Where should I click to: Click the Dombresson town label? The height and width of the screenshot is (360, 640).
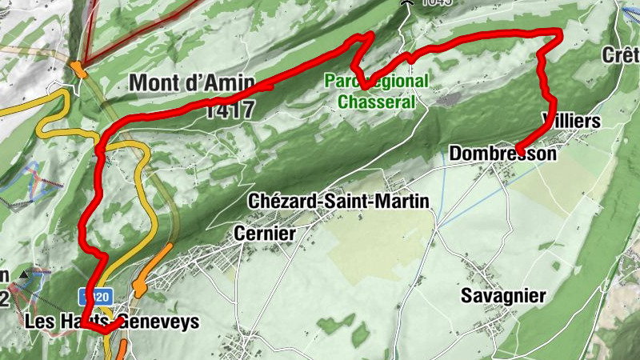pos(502,153)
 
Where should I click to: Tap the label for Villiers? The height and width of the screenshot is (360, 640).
pos(570,120)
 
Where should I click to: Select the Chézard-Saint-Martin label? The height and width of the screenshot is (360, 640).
pos(339,201)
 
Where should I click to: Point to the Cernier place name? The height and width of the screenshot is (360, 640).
pos(265,233)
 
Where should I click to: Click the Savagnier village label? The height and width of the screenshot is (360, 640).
pos(503,296)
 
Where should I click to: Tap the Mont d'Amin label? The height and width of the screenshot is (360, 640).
pos(191,82)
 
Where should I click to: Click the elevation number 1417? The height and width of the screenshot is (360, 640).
pos(229,110)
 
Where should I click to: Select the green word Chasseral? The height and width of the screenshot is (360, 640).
pos(378,102)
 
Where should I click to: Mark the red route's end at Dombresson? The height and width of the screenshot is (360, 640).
pos(518,151)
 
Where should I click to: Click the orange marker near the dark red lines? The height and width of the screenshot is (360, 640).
pos(78,69)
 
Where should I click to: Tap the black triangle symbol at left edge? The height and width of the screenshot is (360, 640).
pos(23,274)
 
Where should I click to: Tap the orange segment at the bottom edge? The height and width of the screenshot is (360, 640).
pos(122,350)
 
